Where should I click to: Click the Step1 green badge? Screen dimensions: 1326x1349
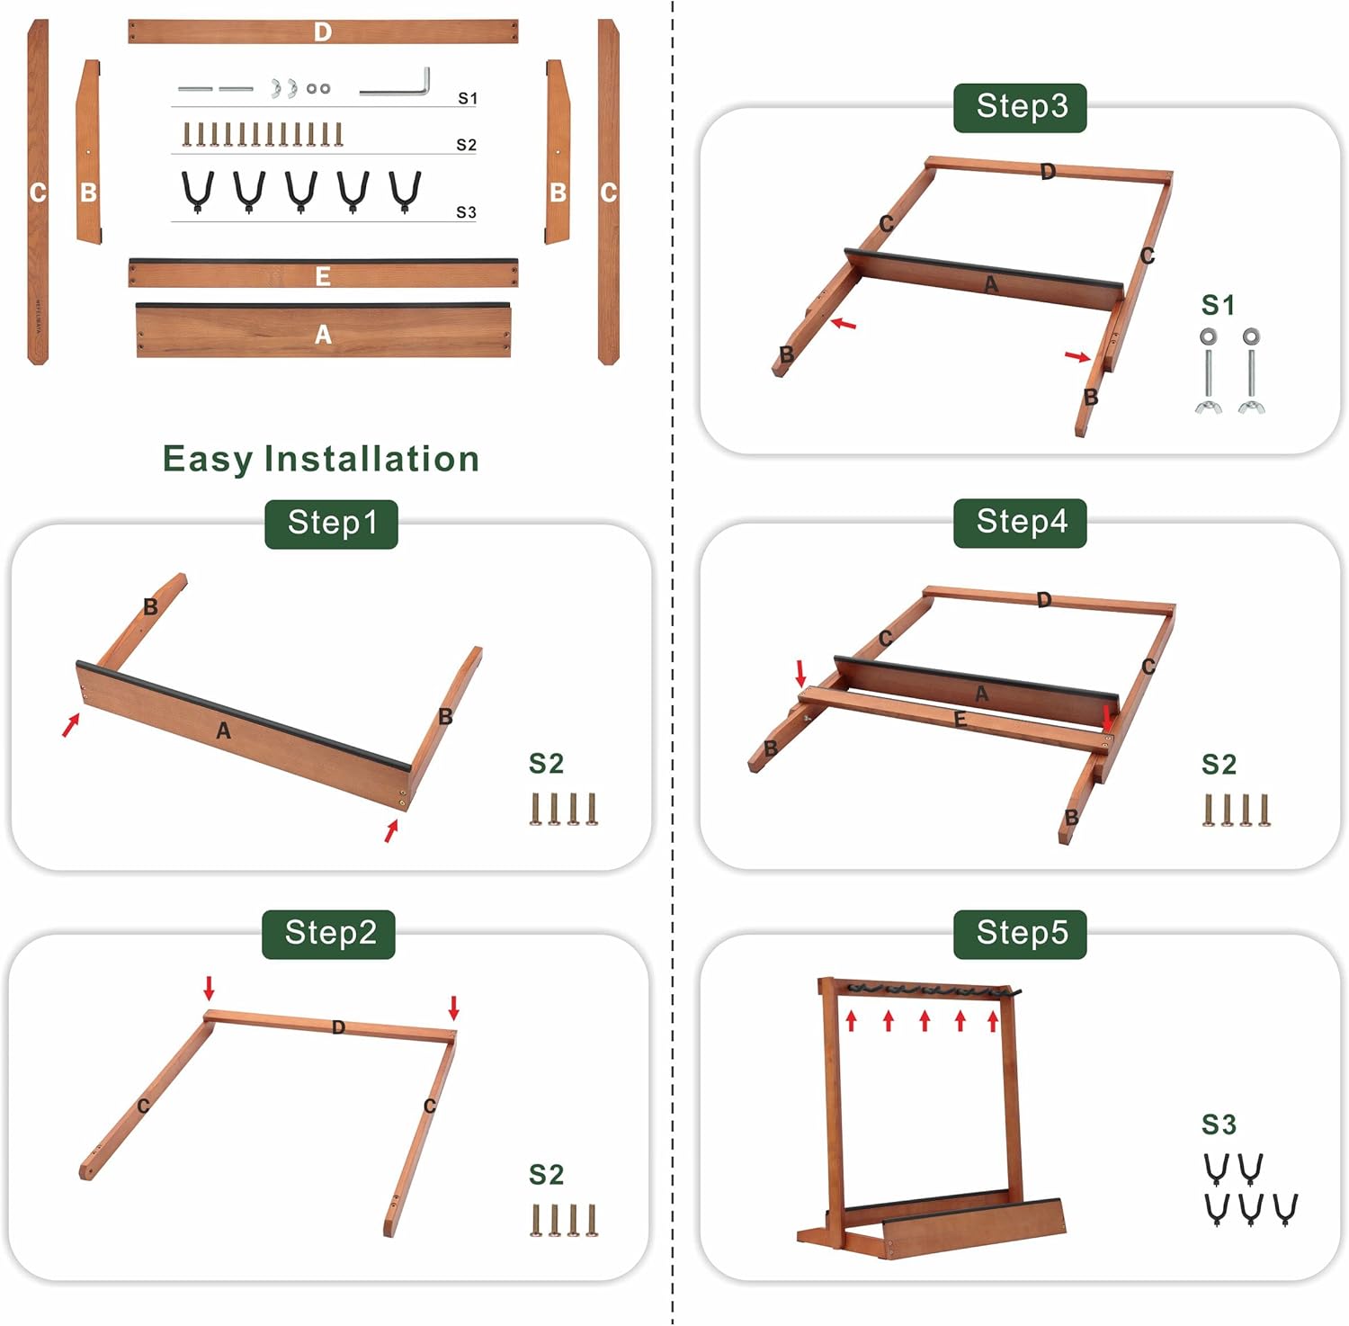tap(331, 524)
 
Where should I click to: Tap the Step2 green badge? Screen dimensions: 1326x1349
tap(329, 934)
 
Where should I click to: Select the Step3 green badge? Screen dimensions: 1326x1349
tap(1020, 107)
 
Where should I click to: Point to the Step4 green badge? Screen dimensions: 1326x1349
tap(1020, 523)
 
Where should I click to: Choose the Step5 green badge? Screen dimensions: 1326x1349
tap(1020, 934)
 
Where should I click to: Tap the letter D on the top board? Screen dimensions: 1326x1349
tap(323, 32)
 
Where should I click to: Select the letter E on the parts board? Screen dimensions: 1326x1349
tap(323, 276)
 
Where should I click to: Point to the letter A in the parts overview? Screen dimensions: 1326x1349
tap(323, 335)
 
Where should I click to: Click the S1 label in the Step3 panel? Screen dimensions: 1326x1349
tap(1219, 306)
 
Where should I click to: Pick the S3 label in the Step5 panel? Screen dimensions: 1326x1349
tap(1219, 1124)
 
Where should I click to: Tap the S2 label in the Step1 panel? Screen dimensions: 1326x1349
tap(546, 764)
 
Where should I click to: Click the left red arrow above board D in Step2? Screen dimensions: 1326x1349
tap(209, 988)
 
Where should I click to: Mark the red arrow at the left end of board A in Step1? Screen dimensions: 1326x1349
tap(71, 724)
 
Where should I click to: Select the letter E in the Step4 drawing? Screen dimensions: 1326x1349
tap(960, 720)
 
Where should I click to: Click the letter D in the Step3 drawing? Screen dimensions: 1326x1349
tap(1048, 171)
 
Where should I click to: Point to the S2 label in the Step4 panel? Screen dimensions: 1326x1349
tap(1219, 765)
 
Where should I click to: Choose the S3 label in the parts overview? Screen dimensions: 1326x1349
tap(466, 212)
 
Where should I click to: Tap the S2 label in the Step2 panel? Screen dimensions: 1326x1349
tap(546, 1175)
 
